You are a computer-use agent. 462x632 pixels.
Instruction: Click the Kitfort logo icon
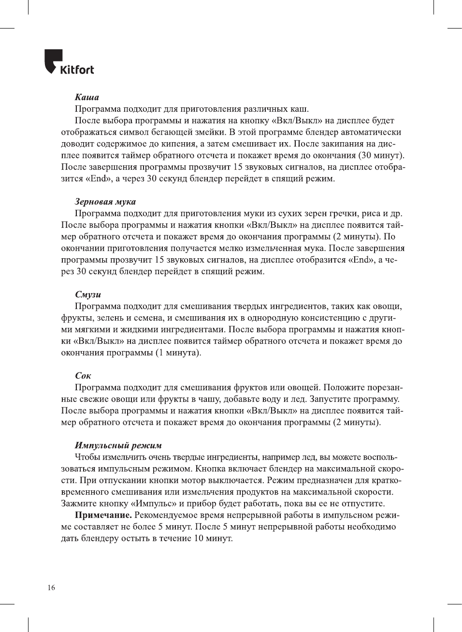point(53,60)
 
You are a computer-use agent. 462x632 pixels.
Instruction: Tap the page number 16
point(51,588)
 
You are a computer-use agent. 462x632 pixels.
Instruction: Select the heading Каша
point(87,97)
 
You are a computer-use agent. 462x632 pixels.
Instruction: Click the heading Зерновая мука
point(105,202)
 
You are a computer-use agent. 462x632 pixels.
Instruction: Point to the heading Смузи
point(88,294)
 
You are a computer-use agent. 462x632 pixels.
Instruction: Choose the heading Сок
point(83,376)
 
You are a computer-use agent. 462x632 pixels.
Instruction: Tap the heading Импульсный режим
point(118,445)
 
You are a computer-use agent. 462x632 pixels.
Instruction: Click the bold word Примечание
point(103,515)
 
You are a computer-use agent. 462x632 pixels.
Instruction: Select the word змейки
point(211,132)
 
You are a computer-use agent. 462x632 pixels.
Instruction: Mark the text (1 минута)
point(178,353)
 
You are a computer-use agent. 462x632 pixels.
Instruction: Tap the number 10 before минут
point(199,538)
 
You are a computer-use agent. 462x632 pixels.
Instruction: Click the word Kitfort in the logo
point(77,70)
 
